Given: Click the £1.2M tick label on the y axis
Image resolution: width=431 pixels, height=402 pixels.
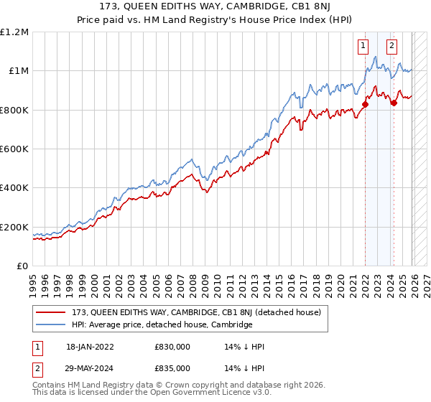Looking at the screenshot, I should [14, 32].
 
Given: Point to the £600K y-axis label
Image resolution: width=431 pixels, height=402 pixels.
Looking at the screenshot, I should [14, 149].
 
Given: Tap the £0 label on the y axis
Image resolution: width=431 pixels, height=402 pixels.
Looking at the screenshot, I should [22, 266].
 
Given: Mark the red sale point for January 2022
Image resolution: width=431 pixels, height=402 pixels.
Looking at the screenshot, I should [365, 104].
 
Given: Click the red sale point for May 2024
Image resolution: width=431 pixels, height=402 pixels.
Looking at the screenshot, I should [394, 103].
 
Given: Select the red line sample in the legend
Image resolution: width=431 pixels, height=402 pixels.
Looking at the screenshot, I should [52, 312].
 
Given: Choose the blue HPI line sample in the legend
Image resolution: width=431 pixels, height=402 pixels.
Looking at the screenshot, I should [52, 324].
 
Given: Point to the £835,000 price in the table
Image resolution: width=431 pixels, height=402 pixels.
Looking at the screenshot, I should [172, 368].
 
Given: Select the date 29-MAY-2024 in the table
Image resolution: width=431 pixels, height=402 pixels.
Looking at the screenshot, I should [87, 368].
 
